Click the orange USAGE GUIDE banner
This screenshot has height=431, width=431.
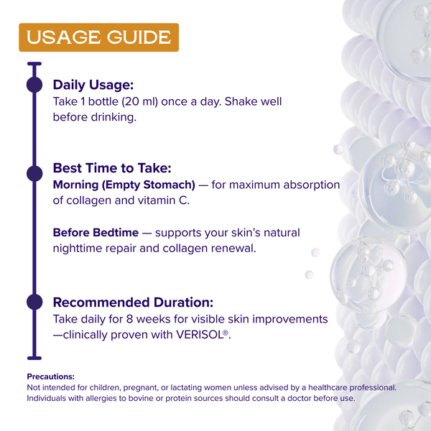[98, 37]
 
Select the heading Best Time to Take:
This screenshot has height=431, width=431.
[111, 168]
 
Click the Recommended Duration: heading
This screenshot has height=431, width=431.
[133, 302]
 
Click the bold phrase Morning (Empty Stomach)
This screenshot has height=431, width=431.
[124, 185]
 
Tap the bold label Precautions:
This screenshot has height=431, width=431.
[50, 376]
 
